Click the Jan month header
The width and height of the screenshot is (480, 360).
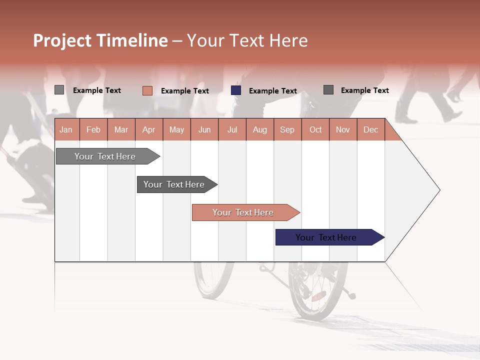(66, 130)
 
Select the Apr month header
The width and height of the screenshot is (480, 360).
(148, 130)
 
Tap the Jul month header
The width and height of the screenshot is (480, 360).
(232, 130)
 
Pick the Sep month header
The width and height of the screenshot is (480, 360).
(287, 130)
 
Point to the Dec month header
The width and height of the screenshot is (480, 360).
(370, 130)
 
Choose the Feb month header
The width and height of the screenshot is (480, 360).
(93, 130)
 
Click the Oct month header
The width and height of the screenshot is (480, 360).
(315, 130)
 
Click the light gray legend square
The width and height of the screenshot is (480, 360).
(59, 90)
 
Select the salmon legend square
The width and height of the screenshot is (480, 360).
(147, 90)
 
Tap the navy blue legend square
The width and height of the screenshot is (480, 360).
(236, 90)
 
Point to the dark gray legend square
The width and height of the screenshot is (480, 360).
(328, 90)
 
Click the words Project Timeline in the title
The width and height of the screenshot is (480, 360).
(100, 40)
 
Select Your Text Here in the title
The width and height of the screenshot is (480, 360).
(247, 40)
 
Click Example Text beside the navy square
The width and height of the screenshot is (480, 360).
(272, 91)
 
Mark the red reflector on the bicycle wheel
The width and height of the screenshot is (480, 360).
(318, 296)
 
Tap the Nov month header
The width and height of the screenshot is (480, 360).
(343, 130)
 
